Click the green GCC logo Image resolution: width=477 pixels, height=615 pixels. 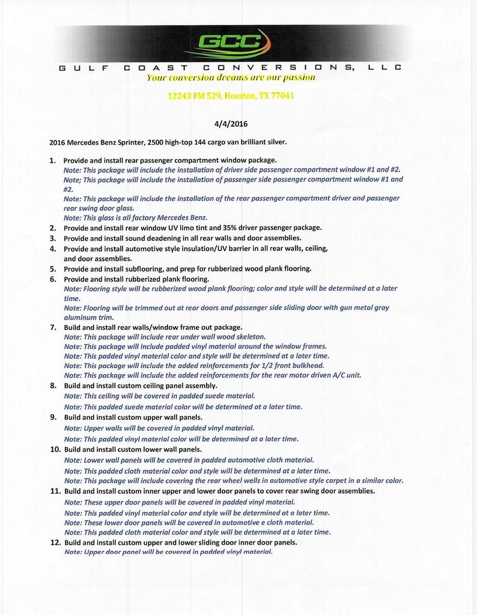point(231,42)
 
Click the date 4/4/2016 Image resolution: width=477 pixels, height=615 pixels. point(231,124)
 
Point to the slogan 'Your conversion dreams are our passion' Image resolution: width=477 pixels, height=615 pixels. point(231,77)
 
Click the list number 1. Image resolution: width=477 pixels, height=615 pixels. point(52,161)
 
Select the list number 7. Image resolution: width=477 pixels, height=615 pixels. point(53,327)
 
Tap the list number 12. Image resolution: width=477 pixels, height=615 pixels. point(55,542)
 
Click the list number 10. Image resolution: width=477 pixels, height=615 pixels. point(55,449)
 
